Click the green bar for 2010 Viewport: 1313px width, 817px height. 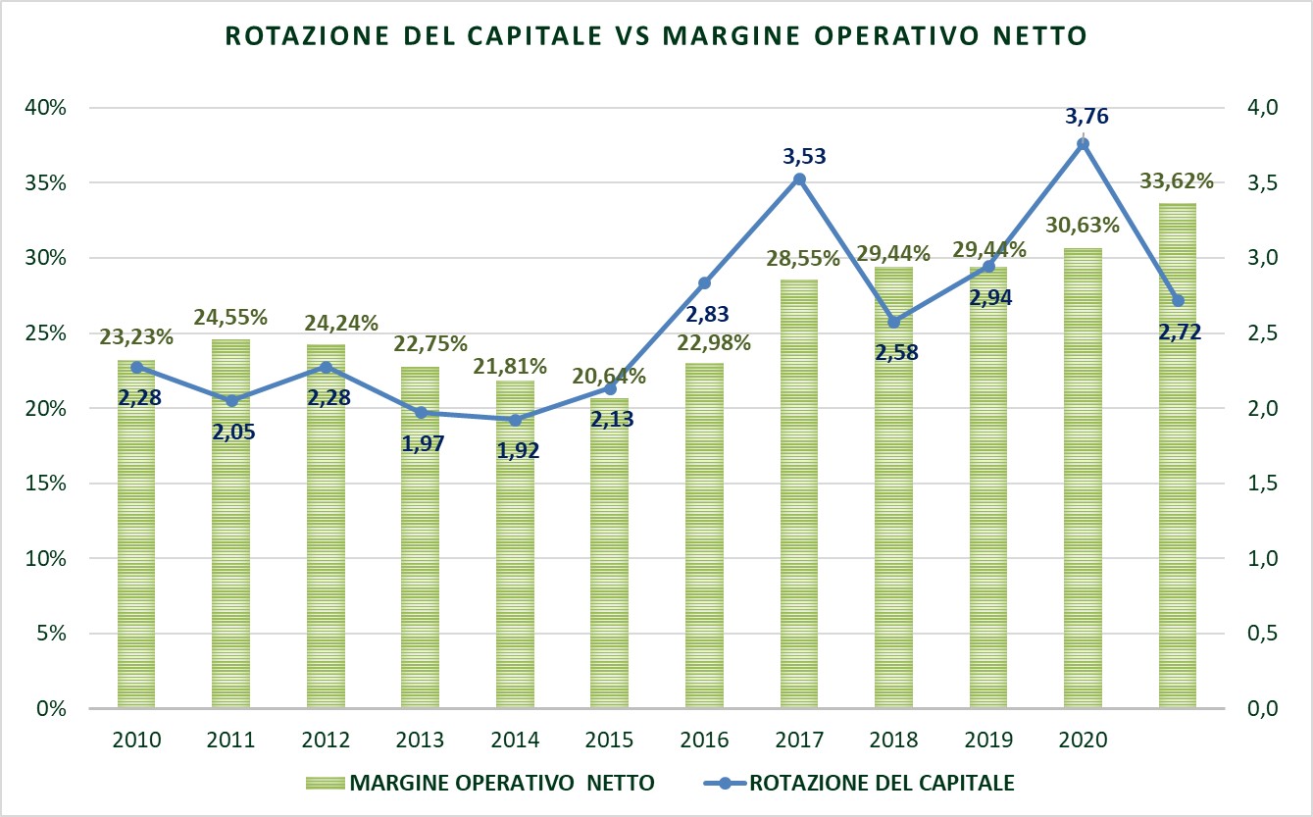point(136,535)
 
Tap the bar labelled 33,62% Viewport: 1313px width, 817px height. point(1178,455)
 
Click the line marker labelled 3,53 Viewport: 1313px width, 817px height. point(799,179)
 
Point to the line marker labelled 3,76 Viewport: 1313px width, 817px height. point(1084,144)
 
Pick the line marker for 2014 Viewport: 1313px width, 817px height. point(515,420)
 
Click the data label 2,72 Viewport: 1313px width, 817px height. point(1178,333)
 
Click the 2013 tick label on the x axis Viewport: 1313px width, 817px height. point(421,740)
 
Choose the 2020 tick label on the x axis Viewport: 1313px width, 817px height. point(1084,740)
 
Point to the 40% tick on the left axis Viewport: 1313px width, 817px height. point(45,108)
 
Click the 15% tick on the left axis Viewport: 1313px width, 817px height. point(45,484)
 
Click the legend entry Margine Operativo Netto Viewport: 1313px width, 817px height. point(500,783)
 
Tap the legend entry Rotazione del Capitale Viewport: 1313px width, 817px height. point(881,783)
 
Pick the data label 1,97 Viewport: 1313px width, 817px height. point(423,442)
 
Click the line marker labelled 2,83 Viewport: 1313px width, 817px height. point(704,283)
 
